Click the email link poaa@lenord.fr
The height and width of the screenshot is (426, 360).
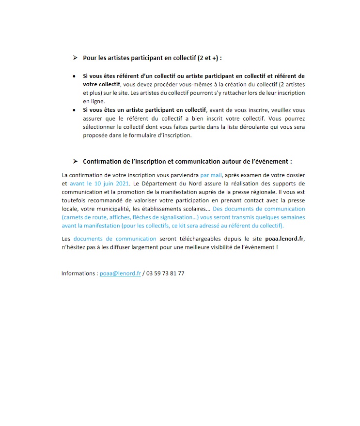coord(120,274)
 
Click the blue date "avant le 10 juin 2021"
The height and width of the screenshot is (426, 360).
coord(100,184)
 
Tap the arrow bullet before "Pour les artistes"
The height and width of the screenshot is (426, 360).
coord(75,58)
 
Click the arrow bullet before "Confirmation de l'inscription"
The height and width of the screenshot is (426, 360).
coord(75,161)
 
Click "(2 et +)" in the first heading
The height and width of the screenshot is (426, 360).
coord(209,58)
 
